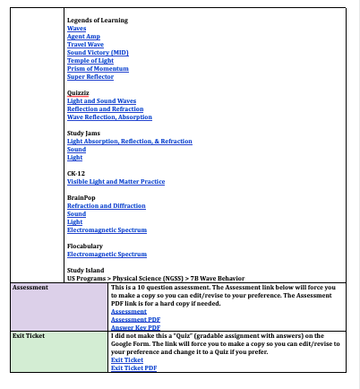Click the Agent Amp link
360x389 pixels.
(x=83, y=36)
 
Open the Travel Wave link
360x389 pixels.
(x=85, y=44)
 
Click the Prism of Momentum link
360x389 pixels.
(x=98, y=68)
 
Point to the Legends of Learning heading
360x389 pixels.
(x=97, y=20)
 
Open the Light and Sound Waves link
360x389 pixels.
(x=101, y=100)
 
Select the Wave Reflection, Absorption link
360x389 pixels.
(x=109, y=117)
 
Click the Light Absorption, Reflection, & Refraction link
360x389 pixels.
(x=129, y=141)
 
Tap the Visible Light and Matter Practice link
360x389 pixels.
(x=116, y=181)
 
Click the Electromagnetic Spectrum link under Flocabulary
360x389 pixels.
(x=107, y=254)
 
